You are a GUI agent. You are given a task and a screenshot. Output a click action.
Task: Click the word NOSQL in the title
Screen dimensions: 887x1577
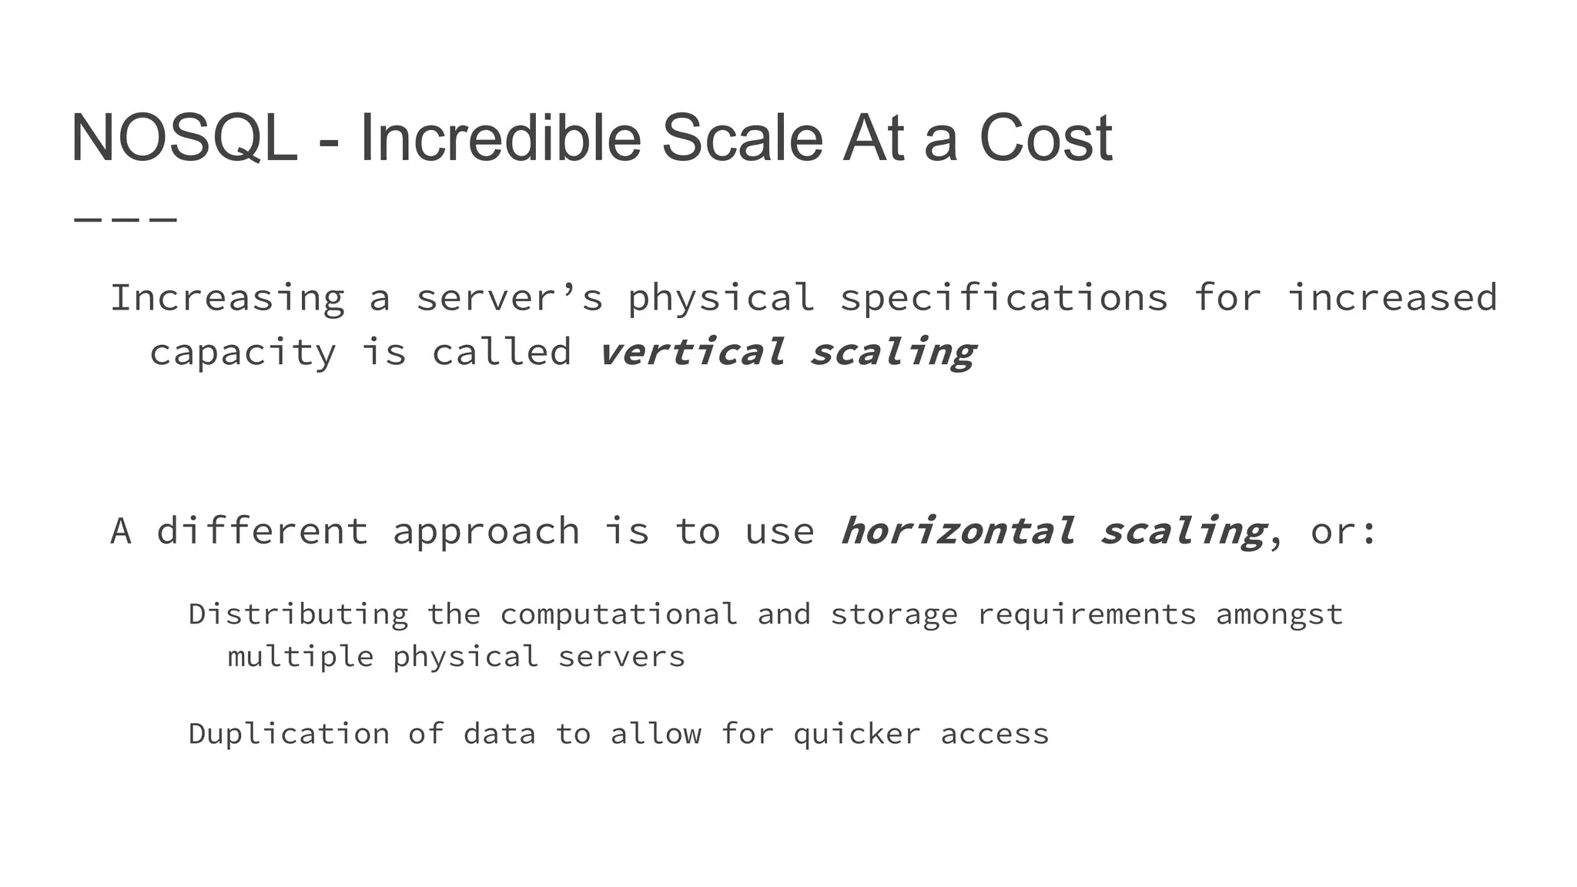point(184,139)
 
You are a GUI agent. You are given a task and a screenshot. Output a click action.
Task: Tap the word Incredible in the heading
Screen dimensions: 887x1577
point(500,139)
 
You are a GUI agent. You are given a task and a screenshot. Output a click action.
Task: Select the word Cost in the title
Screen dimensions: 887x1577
point(1045,139)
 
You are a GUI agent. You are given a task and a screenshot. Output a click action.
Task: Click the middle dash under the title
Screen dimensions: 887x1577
point(126,220)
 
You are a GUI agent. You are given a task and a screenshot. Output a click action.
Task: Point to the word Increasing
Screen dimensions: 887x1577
point(227,299)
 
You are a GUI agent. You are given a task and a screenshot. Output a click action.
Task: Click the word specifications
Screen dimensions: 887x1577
point(1003,299)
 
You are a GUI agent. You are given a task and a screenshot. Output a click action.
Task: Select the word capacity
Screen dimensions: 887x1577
point(243,353)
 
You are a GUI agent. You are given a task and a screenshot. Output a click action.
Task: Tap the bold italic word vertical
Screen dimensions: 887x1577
point(691,353)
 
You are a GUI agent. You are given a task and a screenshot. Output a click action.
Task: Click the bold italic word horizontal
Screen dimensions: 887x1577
point(956,531)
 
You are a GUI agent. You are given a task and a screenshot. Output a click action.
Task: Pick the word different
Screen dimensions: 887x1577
point(263,531)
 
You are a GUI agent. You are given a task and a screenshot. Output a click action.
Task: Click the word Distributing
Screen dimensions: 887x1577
point(298,615)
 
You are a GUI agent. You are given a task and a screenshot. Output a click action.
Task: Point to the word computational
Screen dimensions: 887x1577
point(618,615)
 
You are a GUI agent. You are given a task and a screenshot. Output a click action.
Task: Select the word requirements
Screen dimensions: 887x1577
point(1086,615)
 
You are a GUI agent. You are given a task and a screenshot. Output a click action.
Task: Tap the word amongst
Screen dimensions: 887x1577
point(1279,615)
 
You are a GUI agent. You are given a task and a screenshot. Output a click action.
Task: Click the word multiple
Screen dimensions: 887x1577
point(300,658)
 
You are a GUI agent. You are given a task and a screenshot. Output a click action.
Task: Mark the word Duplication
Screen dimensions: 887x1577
point(289,735)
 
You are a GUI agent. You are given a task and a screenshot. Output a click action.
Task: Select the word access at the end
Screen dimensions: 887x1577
point(994,735)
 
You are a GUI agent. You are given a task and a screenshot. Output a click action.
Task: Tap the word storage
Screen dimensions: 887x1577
point(893,615)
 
